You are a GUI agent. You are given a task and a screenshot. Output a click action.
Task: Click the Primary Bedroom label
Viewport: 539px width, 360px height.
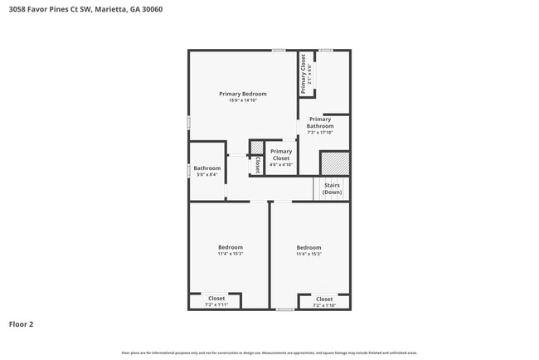click(242, 94)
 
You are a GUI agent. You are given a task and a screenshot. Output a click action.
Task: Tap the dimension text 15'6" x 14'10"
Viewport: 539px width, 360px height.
click(242, 100)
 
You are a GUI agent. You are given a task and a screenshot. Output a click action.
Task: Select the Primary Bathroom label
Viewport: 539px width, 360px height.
click(320, 123)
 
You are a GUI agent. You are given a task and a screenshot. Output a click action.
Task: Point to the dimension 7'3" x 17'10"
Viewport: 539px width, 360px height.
click(320, 133)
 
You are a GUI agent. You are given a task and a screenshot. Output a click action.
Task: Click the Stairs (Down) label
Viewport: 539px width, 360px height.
click(332, 188)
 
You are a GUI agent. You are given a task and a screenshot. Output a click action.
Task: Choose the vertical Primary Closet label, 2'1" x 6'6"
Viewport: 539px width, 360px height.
click(303, 74)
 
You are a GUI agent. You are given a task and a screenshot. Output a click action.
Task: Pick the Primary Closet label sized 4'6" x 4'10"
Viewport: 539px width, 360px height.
click(281, 155)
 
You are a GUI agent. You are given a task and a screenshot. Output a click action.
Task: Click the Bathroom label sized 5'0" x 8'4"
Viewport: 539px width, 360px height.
click(207, 168)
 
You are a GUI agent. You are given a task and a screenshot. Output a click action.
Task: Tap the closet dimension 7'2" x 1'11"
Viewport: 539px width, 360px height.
click(216, 305)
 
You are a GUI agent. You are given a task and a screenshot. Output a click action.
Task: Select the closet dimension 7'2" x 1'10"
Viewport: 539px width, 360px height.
click(324, 305)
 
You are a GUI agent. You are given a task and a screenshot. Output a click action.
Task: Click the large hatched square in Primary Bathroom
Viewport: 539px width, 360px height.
click(335, 163)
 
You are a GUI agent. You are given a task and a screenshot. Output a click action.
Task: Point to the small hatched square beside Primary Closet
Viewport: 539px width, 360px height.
click(257, 148)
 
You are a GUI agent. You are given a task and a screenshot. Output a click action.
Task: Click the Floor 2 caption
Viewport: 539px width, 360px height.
click(21, 324)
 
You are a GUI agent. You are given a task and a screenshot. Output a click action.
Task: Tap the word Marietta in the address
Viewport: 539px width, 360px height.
click(109, 10)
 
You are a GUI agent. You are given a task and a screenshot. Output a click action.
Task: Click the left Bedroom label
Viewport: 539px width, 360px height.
click(231, 247)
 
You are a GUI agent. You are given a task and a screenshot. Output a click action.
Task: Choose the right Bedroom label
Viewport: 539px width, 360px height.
click(308, 247)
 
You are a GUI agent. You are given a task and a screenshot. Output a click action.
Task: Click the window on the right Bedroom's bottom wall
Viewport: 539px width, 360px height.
click(285, 309)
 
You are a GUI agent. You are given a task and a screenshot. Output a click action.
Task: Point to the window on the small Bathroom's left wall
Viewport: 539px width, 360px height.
click(188, 170)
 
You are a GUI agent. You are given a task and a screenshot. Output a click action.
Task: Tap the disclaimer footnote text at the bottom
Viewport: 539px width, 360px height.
click(269, 353)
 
